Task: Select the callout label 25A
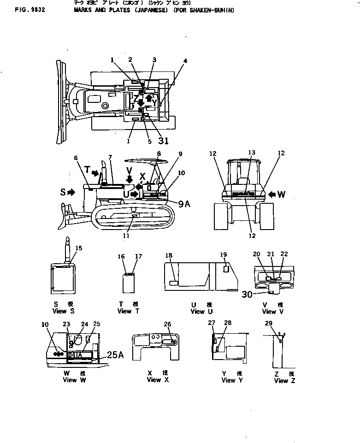click(116, 354)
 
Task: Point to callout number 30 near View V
click(247, 294)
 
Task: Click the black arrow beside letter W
click(272, 195)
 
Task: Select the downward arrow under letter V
click(130, 178)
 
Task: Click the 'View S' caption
click(63, 311)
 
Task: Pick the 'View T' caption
click(125, 311)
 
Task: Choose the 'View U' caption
click(197, 312)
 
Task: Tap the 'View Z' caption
click(284, 380)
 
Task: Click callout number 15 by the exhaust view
click(79, 248)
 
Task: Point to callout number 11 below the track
click(126, 236)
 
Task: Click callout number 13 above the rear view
click(251, 153)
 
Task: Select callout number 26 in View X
click(167, 324)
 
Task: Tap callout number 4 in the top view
click(185, 60)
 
